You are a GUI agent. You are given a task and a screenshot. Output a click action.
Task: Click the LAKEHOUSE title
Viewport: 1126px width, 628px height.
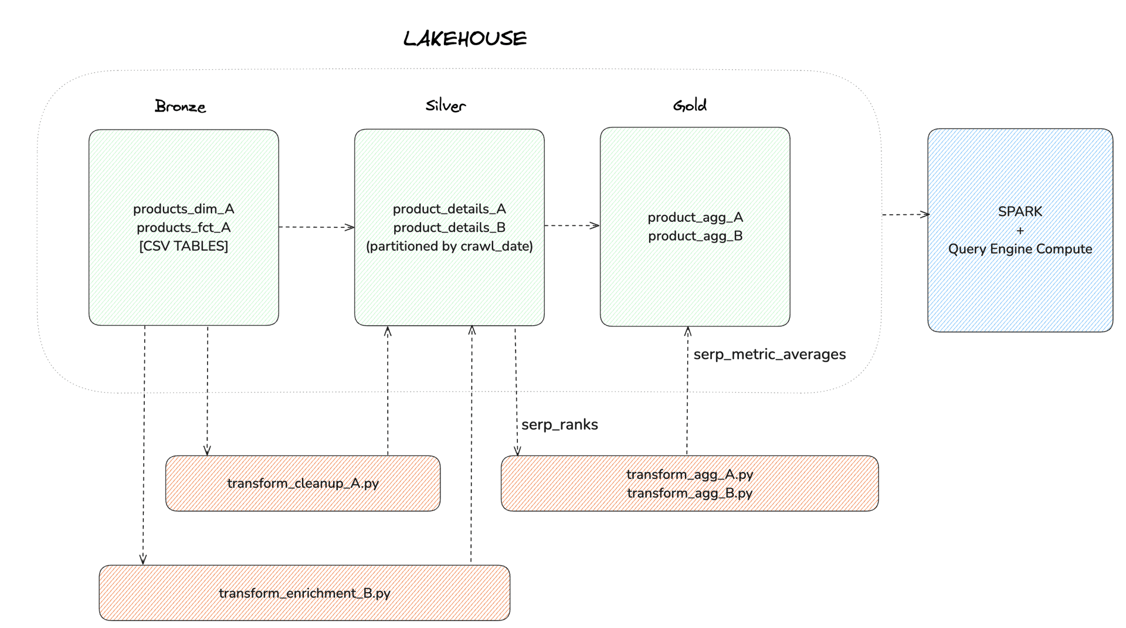click(x=465, y=39)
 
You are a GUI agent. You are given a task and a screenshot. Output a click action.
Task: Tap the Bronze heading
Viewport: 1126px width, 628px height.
click(x=180, y=106)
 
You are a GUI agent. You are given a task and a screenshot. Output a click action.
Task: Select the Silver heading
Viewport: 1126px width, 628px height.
click(x=446, y=106)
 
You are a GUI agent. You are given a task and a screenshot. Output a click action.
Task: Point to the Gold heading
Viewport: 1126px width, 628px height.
click(x=690, y=106)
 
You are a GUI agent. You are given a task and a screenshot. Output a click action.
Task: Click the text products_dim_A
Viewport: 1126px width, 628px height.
click(x=184, y=209)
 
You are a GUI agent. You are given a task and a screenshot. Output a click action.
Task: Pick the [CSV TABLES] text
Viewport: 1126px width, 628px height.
click(x=184, y=246)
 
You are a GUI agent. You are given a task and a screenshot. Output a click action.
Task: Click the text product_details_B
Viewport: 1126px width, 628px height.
click(x=449, y=228)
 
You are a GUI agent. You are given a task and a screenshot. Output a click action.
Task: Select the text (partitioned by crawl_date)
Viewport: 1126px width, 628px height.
click(x=449, y=247)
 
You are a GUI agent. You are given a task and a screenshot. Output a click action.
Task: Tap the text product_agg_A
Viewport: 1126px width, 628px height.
click(x=695, y=217)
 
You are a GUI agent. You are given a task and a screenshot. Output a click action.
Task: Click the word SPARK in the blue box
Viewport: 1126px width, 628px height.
click(x=1020, y=211)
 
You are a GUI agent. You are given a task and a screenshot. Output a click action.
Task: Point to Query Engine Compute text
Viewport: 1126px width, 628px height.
click(x=1020, y=249)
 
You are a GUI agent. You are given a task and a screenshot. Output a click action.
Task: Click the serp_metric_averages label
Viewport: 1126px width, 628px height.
click(x=769, y=354)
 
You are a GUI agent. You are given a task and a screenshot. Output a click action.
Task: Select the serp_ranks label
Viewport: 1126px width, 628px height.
click(x=559, y=425)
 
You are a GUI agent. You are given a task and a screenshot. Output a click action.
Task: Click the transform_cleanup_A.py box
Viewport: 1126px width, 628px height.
click(x=303, y=483)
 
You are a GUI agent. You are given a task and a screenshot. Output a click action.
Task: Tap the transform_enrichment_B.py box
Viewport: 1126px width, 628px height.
click(x=304, y=593)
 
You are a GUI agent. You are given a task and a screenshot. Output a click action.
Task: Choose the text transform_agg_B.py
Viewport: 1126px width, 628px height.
click(x=690, y=493)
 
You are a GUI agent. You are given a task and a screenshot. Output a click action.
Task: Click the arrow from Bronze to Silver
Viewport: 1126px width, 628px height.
click(x=317, y=227)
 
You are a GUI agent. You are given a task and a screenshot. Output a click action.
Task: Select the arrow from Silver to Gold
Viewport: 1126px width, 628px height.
click(x=572, y=225)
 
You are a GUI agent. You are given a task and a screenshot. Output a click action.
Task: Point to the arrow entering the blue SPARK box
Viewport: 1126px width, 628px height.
click(x=906, y=215)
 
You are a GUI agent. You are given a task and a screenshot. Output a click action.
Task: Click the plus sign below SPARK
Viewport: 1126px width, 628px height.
click(x=1020, y=231)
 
